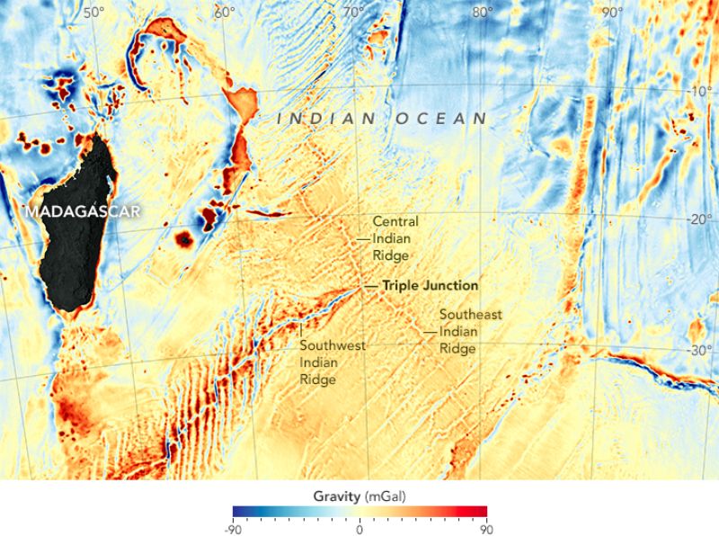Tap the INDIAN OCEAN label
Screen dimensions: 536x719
tap(382, 118)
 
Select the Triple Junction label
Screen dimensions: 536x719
tap(430, 285)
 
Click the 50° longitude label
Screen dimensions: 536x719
tap(93, 13)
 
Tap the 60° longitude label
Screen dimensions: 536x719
tap(224, 13)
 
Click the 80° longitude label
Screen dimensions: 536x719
tap(483, 13)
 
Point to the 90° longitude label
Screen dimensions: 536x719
tap(613, 13)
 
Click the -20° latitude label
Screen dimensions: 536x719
tap(698, 219)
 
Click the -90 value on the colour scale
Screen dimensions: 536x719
tap(233, 527)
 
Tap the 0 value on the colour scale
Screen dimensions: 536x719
tap(359, 527)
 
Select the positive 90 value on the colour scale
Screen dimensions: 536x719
tap(486, 527)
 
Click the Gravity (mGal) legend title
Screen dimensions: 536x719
tap(359, 496)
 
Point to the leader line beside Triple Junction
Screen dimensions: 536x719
tap(371, 285)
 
